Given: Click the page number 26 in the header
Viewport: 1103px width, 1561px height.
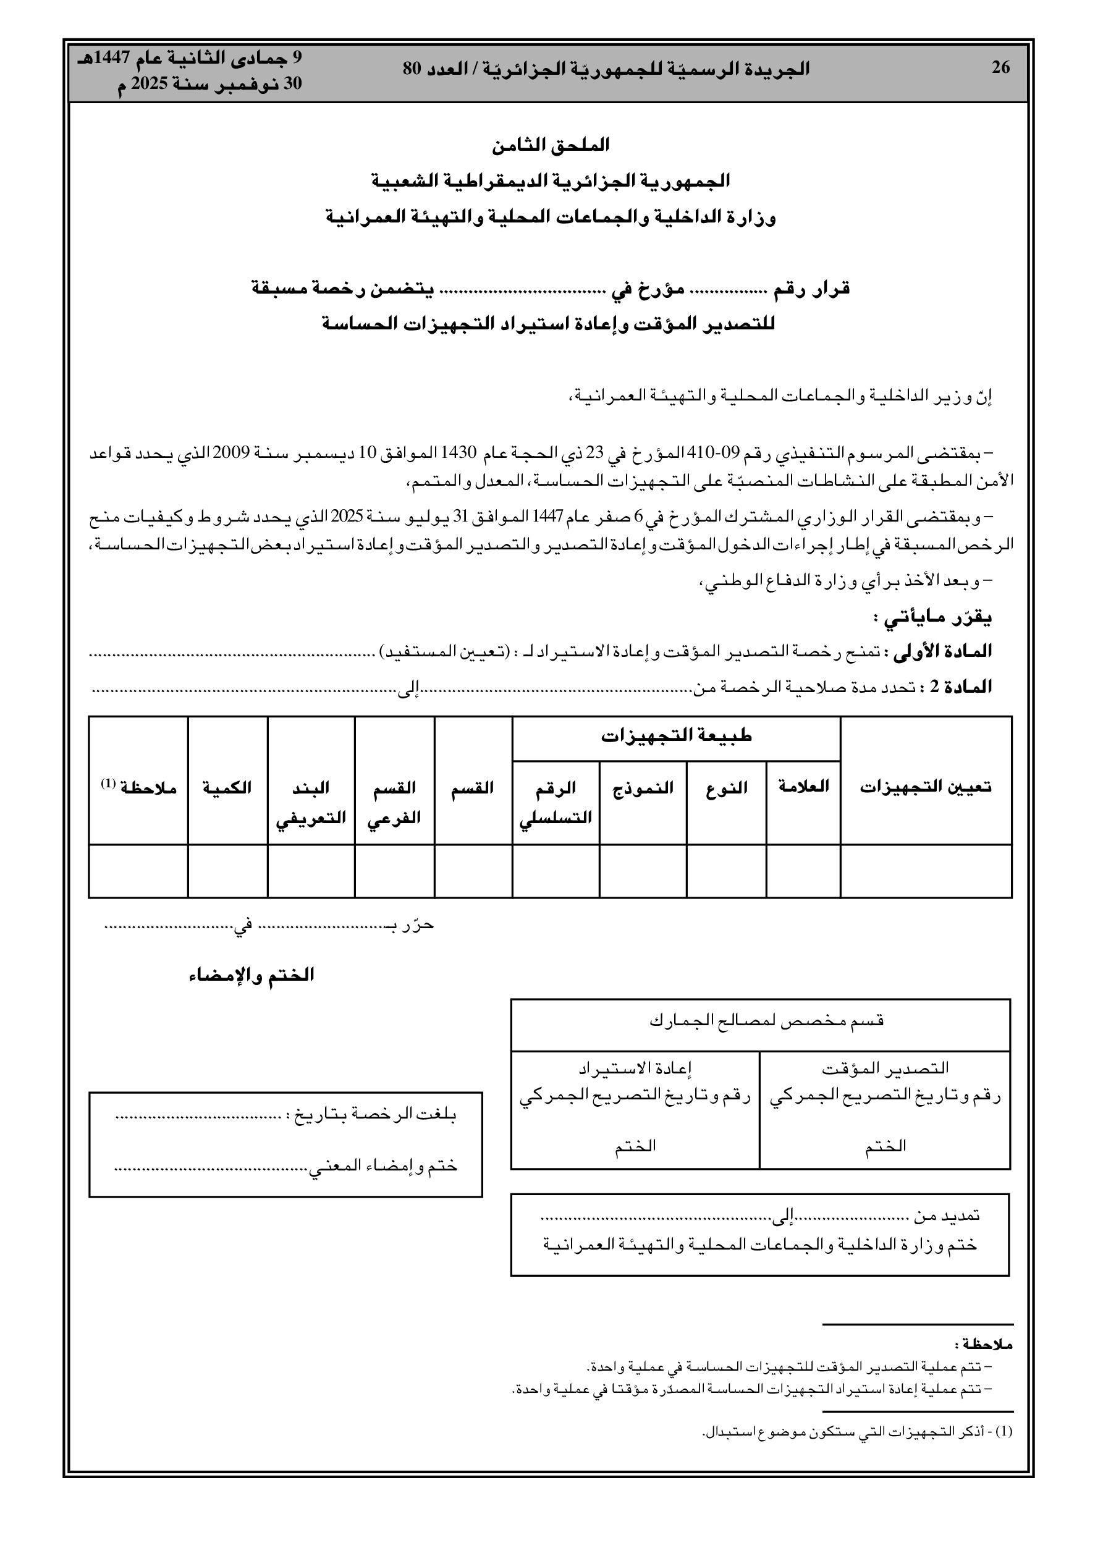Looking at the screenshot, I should pyautogui.click(x=1000, y=68).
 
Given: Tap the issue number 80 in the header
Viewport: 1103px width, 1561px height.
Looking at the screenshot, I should pyautogui.click(x=413, y=69).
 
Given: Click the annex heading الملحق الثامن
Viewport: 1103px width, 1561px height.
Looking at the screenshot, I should pyautogui.click(x=551, y=145).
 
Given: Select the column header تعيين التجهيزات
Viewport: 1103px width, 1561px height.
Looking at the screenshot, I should pyautogui.click(x=926, y=787).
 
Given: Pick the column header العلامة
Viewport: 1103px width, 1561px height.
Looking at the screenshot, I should pyautogui.click(x=803, y=787).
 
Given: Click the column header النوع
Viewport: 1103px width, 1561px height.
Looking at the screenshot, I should pyautogui.click(x=726, y=787).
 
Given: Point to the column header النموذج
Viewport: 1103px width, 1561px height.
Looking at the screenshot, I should pyautogui.click(x=643, y=787).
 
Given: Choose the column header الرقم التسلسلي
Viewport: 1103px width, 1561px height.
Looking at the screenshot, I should pyautogui.click(x=556, y=802).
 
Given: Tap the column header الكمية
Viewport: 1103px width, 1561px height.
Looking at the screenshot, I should pyautogui.click(x=227, y=787).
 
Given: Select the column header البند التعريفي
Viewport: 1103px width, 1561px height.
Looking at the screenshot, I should pyautogui.click(x=311, y=802).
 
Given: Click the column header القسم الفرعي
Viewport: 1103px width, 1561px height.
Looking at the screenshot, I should pyautogui.click(x=394, y=802).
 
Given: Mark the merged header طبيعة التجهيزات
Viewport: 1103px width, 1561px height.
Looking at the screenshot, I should pyautogui.click(x=676, y=736).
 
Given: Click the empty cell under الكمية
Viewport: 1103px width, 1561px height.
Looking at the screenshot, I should pyautogui.click(x=227, y=871).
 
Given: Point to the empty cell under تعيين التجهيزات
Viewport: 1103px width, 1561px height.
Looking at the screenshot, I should pyautogui.click(x=926, y=871).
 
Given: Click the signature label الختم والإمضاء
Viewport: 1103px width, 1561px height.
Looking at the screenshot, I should pyautogui.click(x=251, y=975).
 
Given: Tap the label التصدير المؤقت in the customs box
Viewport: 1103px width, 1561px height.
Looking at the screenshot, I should pyautogui.click(x=885, y=1068).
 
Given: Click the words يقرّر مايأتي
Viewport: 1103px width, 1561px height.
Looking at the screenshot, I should pyautogui.click(x=932, y=618).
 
